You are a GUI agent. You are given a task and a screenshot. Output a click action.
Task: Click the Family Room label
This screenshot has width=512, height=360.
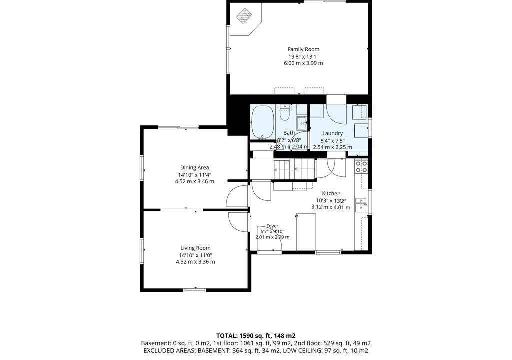click(303, 49)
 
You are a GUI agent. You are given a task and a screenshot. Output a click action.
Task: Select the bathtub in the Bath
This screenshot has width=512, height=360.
click(262, 121)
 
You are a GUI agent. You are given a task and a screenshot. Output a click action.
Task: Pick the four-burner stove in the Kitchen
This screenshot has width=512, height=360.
click(361, 167)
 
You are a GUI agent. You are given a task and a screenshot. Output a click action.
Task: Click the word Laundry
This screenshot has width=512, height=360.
click(332, 133)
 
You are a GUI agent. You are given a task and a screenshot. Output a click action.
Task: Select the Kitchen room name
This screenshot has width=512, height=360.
click(331, 193)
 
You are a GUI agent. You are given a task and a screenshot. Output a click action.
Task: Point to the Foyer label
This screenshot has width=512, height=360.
click(272, 226)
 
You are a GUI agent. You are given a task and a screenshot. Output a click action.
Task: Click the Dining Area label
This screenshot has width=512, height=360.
click(195, 168)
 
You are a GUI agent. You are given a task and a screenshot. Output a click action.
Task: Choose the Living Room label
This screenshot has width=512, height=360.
click(195, 248)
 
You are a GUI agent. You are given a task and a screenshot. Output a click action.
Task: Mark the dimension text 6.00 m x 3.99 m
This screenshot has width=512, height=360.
click(303, 63)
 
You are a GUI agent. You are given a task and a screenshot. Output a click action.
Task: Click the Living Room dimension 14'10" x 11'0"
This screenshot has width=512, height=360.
click(195, 255)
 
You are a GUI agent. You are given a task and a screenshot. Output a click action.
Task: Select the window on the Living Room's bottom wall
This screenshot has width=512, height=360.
click(195, 290)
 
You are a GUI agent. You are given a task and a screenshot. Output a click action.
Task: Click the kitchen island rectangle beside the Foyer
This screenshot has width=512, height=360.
click(306, 232)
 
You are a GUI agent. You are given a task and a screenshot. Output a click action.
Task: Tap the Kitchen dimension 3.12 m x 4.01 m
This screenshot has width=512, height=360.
click(331, 208)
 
